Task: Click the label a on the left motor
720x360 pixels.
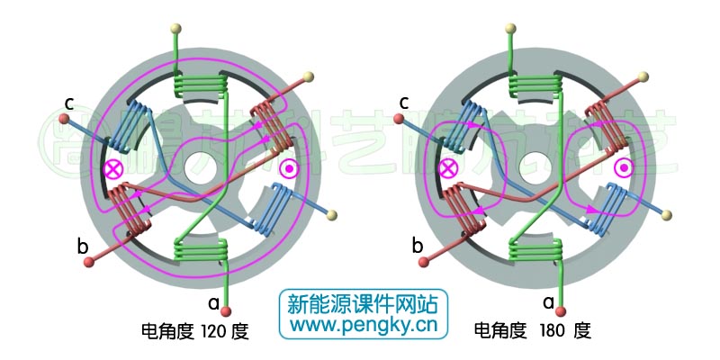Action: pos(213,303)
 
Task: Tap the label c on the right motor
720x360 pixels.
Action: pos(404,100)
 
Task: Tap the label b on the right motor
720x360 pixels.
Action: pos(417,244)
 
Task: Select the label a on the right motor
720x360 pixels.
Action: pos(548,303)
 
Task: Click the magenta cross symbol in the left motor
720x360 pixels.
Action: pos(113,169)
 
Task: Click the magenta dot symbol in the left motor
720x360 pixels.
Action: pos(290,168)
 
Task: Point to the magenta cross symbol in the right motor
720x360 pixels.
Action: pos(447,168)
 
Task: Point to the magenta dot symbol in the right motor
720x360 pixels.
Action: pos(623,168)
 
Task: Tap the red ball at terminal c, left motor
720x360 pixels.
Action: pos(64,117)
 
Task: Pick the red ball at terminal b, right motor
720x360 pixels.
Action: pos(424,263)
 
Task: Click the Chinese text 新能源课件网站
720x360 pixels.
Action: pos(362,303)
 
